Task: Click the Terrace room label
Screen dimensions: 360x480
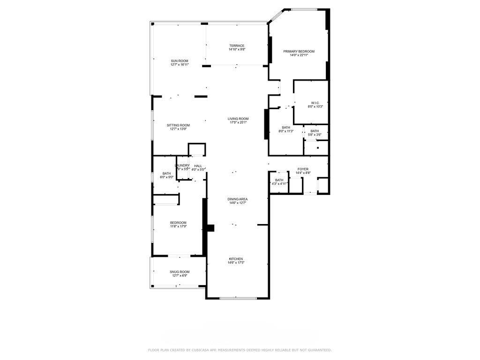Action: [x=237, y=45]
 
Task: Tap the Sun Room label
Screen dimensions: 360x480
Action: [x=179, y=61]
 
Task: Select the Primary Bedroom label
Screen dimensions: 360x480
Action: [x=299, y=51]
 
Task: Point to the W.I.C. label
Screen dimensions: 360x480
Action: [x=315, y=103]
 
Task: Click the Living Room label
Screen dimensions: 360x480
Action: [x=239, y=119]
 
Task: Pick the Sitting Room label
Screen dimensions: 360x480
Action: [x=179, y=125]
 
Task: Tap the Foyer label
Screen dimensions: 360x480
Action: [x=303, y=169]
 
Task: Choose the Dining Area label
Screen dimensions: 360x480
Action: [x=238, y=199]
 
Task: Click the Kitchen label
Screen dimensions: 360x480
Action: [x=236, y=259]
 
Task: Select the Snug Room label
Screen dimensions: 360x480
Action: [x=180, y=272]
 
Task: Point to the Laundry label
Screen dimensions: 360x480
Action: [x=182, y=165]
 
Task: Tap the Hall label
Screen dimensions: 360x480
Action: [x=198, y=165]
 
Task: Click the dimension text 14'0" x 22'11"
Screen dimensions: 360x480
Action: [x=299, y=55]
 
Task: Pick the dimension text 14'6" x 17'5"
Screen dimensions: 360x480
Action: [x=236, y=263]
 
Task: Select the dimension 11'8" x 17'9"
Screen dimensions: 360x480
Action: [x=178, y=226]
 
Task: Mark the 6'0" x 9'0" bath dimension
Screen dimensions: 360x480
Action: [x=167, y=177]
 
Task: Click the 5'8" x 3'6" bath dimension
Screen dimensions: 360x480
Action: [x=315, y=135]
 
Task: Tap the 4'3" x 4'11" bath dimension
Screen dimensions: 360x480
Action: [x=279, y=184]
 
